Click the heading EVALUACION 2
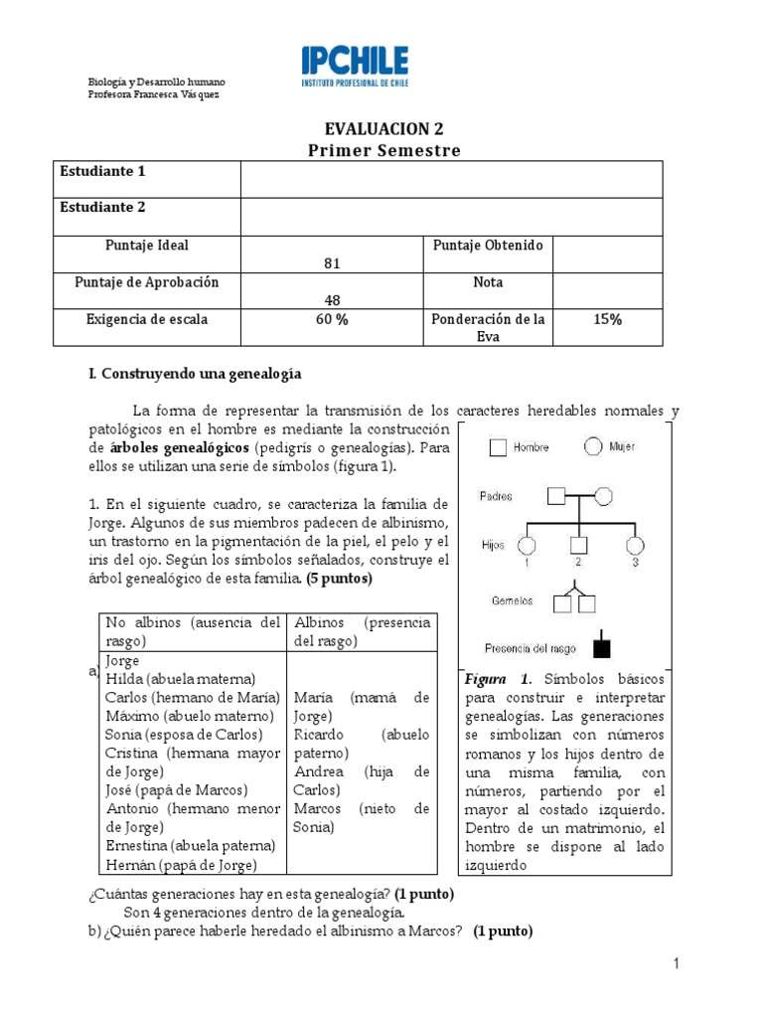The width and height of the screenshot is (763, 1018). [383, 129]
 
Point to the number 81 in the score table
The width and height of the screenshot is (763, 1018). [332, 262]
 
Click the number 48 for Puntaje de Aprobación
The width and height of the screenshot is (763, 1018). [332, 299]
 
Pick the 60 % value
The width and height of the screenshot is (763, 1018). [332, 319]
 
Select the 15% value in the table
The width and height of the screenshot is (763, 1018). [607, 319]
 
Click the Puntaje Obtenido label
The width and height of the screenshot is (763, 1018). [488, 246]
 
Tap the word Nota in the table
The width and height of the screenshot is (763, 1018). [488, 282]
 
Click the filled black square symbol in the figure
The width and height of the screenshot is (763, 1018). [601, 648]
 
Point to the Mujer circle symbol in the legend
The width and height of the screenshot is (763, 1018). [594, 447]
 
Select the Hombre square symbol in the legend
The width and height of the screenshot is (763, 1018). [498, 448]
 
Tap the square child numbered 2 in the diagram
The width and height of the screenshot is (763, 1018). [579, 546]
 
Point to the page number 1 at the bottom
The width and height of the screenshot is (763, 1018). [675, 963]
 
